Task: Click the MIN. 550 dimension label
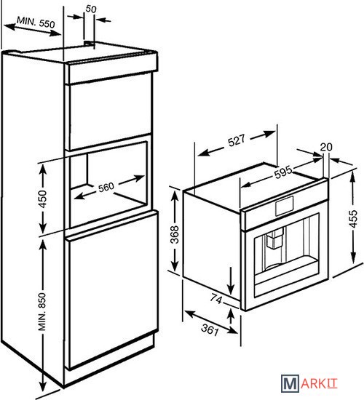36,23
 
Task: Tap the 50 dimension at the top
91,9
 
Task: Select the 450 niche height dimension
42,199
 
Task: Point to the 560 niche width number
106,187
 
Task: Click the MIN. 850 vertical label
42,311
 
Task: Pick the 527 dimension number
237,140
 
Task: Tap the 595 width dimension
283,172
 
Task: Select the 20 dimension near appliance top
326,147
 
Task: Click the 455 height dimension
353,219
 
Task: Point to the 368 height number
175,234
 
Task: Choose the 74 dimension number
216,299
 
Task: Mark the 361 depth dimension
210,329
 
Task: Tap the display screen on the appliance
285,206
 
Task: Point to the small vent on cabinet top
88,44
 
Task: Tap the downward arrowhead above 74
231,289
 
